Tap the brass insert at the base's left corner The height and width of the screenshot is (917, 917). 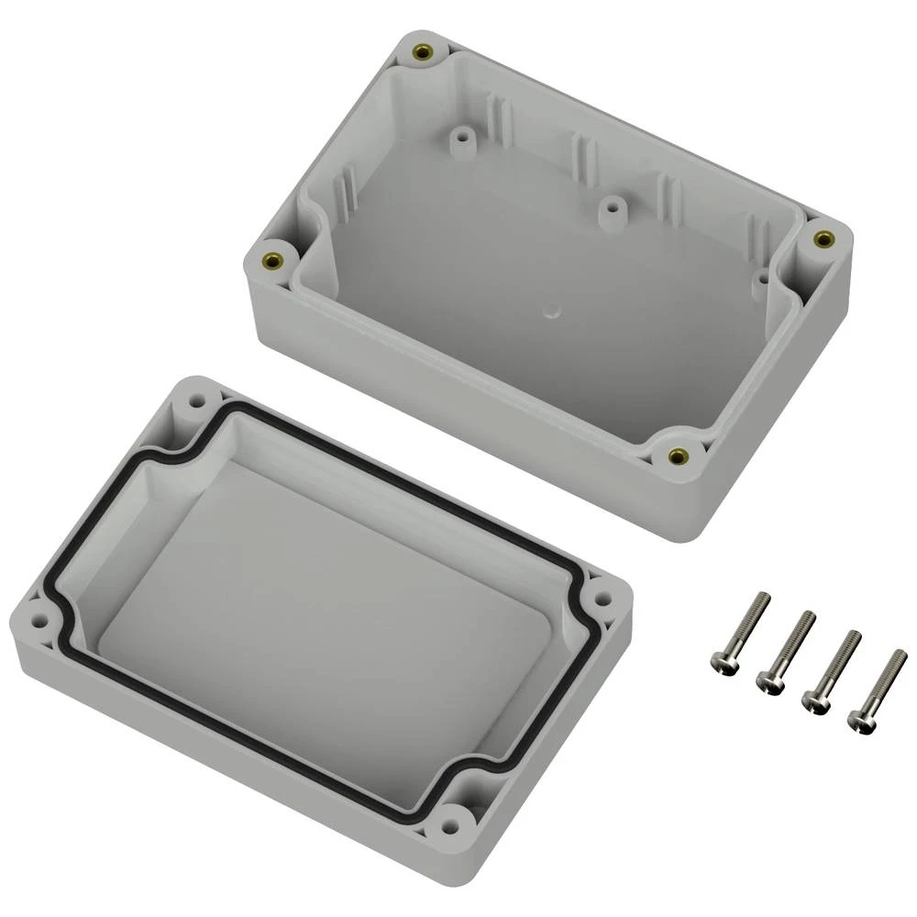click(272, 259)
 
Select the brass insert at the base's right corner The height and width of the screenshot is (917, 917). click(823, 239)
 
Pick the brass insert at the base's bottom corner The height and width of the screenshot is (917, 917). click(678, 456)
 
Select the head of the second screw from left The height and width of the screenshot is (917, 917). click(768, 679)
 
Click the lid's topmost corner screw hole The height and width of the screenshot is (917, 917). click(195, 402)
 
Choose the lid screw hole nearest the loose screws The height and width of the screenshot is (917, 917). click(602, 599)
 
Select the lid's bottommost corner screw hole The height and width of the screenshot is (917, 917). click(452, 823)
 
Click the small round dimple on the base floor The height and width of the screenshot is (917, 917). click(550, 310)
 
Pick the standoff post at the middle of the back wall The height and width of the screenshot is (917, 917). click(609, 207)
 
